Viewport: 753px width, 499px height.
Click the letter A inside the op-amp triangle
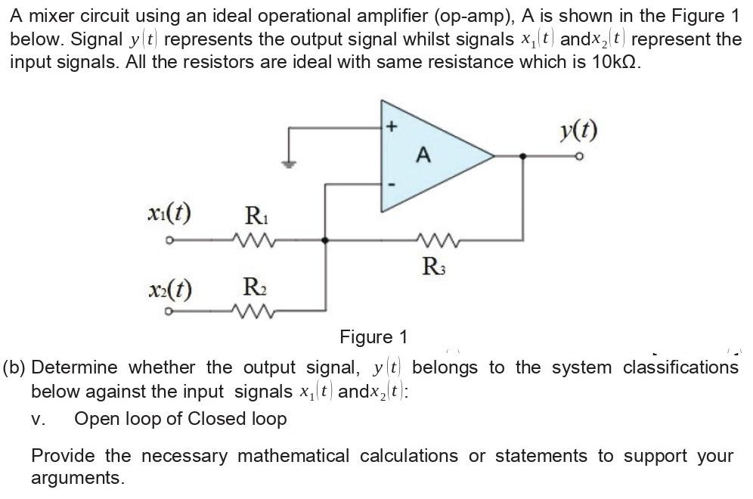423,156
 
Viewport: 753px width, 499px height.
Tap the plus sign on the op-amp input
391,128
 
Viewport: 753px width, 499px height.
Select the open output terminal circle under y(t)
579,157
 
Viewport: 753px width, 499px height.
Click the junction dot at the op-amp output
522,156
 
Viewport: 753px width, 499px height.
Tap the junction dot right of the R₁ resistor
325,240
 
